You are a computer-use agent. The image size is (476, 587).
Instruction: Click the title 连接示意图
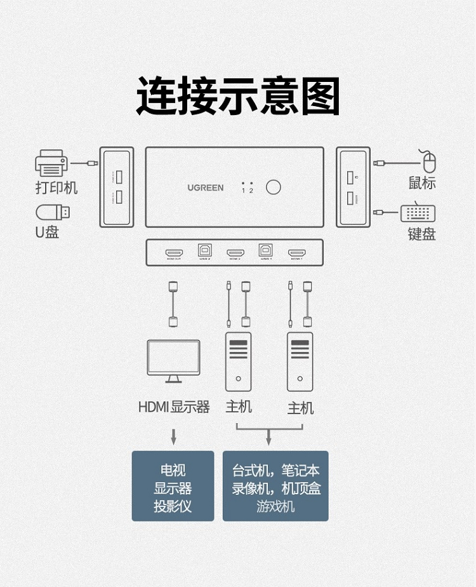[238, 97]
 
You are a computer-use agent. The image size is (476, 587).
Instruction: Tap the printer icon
[51, 163]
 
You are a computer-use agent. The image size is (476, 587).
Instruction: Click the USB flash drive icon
[52, 212]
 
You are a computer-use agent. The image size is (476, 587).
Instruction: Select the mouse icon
[429, 161]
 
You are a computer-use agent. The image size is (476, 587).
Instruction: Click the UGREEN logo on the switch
[205, 187]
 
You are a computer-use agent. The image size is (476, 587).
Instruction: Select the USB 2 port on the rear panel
[204, 250]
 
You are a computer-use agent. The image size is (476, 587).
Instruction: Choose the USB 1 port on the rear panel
[266, 250]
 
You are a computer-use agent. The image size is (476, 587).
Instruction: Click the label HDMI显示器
[174, 407]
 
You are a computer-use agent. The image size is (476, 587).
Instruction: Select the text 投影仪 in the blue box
[173, 506]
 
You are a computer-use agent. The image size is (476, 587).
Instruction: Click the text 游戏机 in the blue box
[275, 506]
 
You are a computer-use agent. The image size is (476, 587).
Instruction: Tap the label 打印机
[56, 188]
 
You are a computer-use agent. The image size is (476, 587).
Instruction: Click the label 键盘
[421, 234]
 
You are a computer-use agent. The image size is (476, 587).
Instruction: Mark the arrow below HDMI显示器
[173, 436]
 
